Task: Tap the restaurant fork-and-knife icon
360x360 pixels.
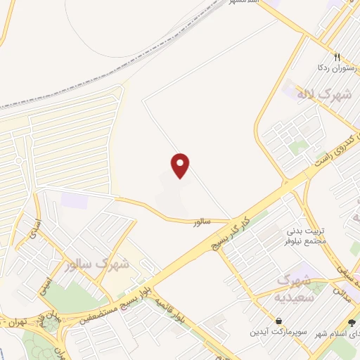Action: coord(337,58)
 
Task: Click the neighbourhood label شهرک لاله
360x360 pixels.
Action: coord(313,94)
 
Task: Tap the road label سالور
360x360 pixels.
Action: coord(202,222)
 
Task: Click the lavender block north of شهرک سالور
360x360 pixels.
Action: coord(74,200)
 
